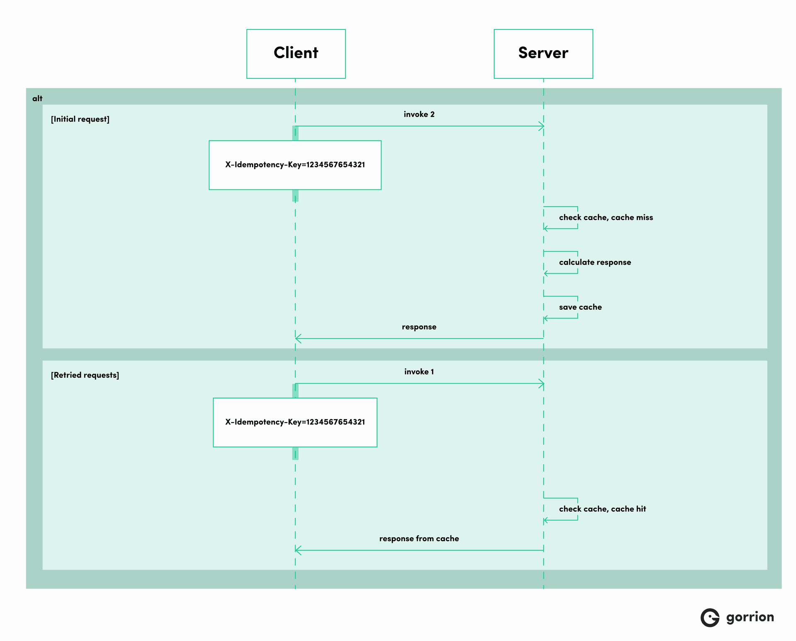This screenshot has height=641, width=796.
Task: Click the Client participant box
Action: pyautogui.click(x=296, y=53)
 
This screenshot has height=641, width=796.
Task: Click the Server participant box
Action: pyautogui.click(x=543, y=53)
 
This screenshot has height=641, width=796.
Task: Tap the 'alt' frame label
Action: pyautogui.click(x=37, y=98)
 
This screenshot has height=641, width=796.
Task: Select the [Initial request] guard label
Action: pyautogui.click(x=80, y=119)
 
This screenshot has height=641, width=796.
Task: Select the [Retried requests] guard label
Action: pyautogui.click(x=85, y=375)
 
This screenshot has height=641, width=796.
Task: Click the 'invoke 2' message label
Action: pyautogui.click(x=419, y=114)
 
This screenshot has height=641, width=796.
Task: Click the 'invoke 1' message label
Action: pyautogui.click(x=419, y=372)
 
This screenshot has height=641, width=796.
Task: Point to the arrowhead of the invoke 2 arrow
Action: pyautogui.click(x=542, y=126)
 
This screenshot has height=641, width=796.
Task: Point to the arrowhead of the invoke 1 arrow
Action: pyautogui.click(x=542, y=384)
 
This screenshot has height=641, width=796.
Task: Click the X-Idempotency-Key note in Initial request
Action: pyautogui.click(x=295, y=165)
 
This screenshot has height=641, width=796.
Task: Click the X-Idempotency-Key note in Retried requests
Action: pyautogui.click(x=295, y=422)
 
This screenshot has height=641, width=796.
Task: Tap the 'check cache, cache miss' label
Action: pyautogui.click(x=606, y=218)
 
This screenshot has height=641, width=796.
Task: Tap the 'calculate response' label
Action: pyautogui.click(x=595, y=262)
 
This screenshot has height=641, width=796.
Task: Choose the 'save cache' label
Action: pyautogui.click(x=580, y=307)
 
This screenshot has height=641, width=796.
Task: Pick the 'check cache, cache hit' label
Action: pyautogui.click(x=602, y=509)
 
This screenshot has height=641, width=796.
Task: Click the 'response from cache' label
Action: pyautogui.click(x=419, y=539)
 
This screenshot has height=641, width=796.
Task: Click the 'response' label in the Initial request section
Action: pyautogui.click(x=419, y=327)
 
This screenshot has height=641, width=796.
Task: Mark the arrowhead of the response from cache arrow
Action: pyautogui.click(x=297, y=550)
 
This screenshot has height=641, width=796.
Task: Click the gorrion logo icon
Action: pyautogui.click(x=710, y=618)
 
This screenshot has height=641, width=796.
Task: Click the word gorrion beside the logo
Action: pyautogui.click(x=750, y=617)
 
